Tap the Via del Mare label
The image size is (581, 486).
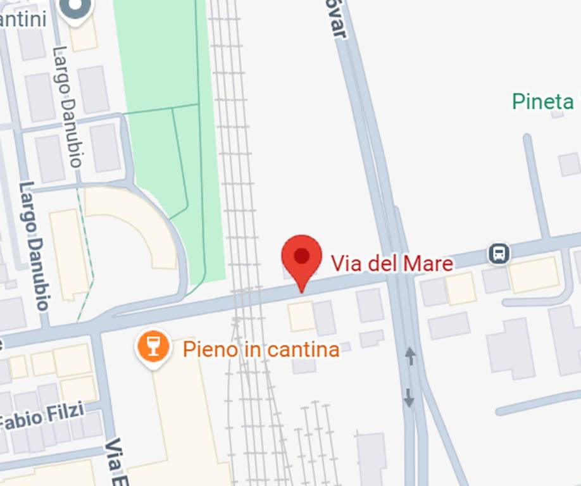tap(392, 263)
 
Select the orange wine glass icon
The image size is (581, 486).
tap(154, 346)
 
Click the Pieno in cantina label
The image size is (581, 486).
tap(261, 349)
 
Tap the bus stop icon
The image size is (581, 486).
tap(499, 254)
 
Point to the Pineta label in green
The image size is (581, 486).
tap(543, 101)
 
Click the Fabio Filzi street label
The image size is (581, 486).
tap(43, 417)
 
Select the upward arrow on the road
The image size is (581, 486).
tap(410, 356)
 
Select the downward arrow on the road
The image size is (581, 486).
tap(409, 397)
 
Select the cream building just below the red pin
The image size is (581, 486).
tap(302, 316)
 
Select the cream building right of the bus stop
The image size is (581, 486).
tap(534, 275)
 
